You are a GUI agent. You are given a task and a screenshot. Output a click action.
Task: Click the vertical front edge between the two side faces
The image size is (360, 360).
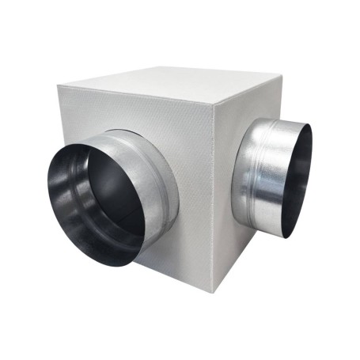tap(214, 198)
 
